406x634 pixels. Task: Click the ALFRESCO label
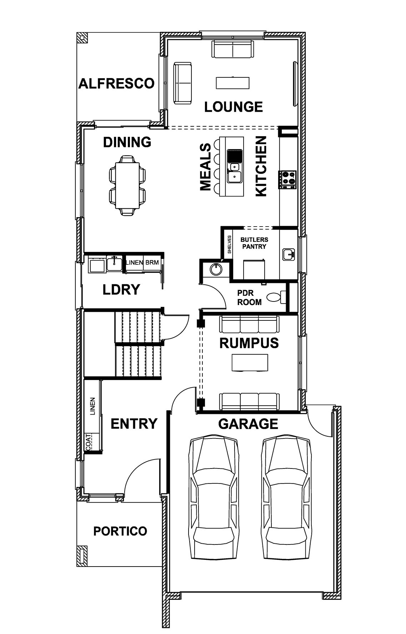tap(116, 83)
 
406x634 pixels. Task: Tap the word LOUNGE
tap(234, 107)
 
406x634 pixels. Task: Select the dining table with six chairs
tap(127, 185)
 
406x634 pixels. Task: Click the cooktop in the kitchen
tap(288, 179)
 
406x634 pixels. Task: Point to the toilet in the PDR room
tap(277, 297)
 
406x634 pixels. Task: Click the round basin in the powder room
tap(216, 269)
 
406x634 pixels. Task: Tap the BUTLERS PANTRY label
tap(254, 243)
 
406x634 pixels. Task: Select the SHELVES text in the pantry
tap(229, 244)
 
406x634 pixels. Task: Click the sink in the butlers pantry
tap(289, 254)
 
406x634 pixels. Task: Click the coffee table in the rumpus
tap(250, 363)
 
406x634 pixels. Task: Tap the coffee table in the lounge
tap(232, 83)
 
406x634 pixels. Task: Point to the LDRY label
tap(121, 290)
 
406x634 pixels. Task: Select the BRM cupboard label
tap(152, 263)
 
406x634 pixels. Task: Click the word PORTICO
tap(120, 531)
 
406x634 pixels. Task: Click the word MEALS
tap(205, 167)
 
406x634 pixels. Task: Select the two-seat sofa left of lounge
tap(182, 83)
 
